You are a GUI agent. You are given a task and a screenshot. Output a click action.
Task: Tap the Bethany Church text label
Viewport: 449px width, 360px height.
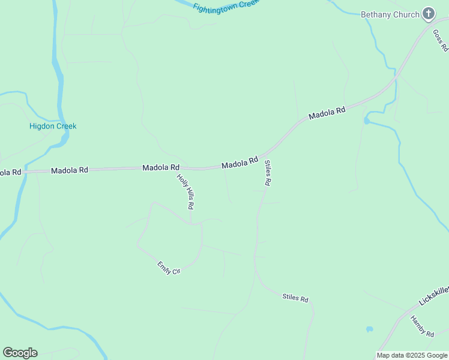pyautogui.click(x=390, y=14)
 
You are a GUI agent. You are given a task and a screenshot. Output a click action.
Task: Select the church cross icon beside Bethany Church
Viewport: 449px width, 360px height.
pyautogui.click(x=429, y=13)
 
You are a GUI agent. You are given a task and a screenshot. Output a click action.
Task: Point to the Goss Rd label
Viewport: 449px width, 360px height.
pyautogui.click(x=441, y=40)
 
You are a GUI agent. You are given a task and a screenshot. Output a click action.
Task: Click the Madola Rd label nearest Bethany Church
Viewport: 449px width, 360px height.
pyautogui.click(x=327, y=113)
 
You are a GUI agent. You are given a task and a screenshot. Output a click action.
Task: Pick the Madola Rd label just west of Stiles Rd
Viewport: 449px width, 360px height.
pyautogui.click(x=240, y=163)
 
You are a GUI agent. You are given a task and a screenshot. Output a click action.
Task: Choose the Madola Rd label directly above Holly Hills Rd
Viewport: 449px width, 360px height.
pyautogui.click(x=161, y=167)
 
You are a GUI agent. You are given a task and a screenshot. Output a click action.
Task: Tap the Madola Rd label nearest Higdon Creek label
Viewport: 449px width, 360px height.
pyautogui.click(x=70, y=170)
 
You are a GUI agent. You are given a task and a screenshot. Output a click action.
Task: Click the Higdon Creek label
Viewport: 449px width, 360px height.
pyautogui.click(x=53, y=126)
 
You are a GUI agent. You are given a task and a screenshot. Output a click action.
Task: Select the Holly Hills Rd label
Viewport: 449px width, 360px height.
pyautogui.click(x=185, y=191)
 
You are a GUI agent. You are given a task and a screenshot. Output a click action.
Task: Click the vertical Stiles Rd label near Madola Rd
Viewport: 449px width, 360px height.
pyautogui.click(x=268, y=173)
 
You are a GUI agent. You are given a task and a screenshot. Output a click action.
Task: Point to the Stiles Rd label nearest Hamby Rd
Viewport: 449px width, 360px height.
pyautogui.click(x=295, y=297)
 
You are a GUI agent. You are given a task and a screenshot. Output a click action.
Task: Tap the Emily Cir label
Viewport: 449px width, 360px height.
pyautogui.click(x=169, y=267)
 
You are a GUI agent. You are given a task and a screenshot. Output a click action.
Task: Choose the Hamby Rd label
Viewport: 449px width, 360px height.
pyautogui.click(x=422, y=326)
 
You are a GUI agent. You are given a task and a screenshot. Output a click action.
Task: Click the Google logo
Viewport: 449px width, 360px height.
pyautogui.click(x=20, y=353)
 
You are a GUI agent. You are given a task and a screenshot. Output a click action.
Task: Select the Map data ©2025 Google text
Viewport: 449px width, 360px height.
pyautogui.click(x=412, y=355)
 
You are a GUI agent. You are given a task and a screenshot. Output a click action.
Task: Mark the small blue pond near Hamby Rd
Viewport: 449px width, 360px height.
pyautogui.click(x=369, y=329)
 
